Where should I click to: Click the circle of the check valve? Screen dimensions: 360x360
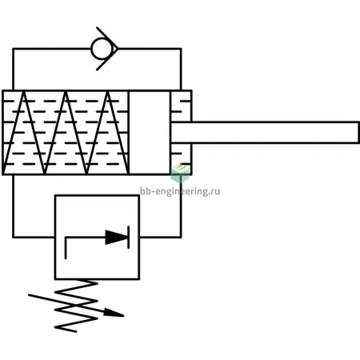(102, 49)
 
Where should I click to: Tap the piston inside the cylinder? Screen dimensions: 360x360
(150, 133)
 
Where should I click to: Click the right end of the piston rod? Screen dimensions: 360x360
(358, 133)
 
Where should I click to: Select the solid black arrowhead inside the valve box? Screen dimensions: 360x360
(117, 237)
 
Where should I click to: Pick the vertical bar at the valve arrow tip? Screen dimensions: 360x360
(129, 237)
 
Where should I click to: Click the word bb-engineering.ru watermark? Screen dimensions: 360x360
(180, 191)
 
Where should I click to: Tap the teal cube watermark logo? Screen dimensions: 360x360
(181, 174)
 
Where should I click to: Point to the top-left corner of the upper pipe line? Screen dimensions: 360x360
(13, 49)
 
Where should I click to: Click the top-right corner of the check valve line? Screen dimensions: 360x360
(181, 49)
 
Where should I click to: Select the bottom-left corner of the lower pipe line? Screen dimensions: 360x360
(13, 237)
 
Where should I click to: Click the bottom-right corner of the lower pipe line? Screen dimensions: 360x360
(181, 237)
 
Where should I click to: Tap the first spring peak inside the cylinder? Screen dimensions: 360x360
(24, 92)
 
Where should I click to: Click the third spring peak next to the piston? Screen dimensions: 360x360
(108, 92)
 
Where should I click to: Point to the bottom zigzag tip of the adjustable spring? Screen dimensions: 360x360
(55, 326)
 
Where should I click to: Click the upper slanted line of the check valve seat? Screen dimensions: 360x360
(107, 38)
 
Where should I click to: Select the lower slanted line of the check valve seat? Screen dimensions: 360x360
(107, 60)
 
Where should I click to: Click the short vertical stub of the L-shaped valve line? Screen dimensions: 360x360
(66, 247)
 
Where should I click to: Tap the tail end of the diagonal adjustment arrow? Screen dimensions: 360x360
(29, 295)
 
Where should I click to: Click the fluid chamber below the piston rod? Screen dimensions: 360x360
(181, 158)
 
